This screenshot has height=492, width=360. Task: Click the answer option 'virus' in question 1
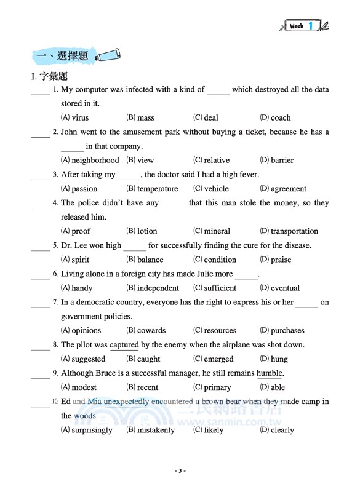pos(80,117)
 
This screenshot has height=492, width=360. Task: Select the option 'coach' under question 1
pos(281,117)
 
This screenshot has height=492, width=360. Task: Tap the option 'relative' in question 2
pos(216,160)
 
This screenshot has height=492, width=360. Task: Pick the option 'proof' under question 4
pos(81,231)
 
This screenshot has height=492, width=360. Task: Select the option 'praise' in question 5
pos(281,260)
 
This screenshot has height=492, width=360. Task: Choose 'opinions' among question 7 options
pos(86,330)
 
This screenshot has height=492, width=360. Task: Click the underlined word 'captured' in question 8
pos(124,345)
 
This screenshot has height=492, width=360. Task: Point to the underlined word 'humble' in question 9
pos(270,373)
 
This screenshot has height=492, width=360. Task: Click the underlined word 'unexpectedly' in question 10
pos(126,402)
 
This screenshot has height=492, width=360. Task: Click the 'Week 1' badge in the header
pos(303,26)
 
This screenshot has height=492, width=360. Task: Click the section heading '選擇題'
pos(73,57)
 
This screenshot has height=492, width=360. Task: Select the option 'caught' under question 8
pos(148,359)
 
